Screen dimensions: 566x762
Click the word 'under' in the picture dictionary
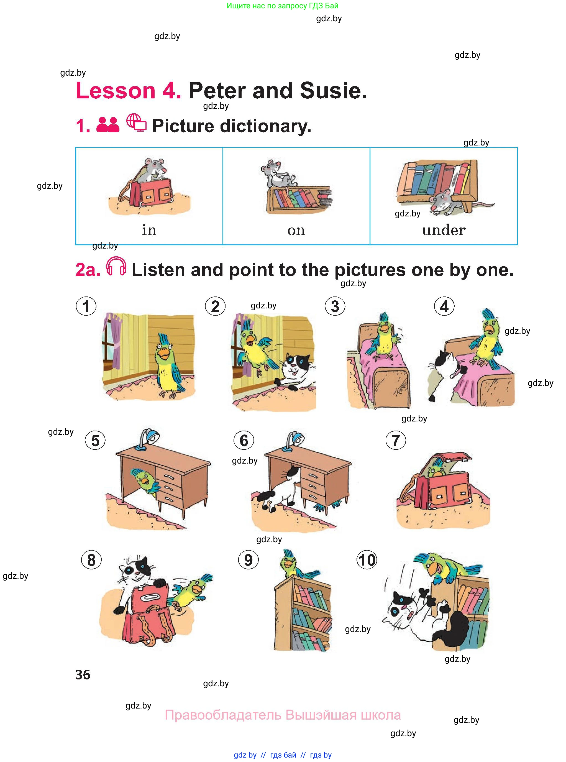tap(444, 230)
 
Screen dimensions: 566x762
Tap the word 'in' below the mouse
tap(149, 230)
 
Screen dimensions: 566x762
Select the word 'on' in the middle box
tap(296, 231)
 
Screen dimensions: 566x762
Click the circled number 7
tap(396, 440)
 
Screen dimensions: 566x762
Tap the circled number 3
tap(335, 306)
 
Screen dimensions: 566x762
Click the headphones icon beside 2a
tap(116, 266)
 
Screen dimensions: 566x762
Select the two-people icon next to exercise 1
tap(108, 125)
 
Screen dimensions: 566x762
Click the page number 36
tap(83, 675)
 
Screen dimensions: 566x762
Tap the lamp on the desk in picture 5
tap(148, 439)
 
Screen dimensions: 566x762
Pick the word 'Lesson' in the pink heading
tap(116, 91)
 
